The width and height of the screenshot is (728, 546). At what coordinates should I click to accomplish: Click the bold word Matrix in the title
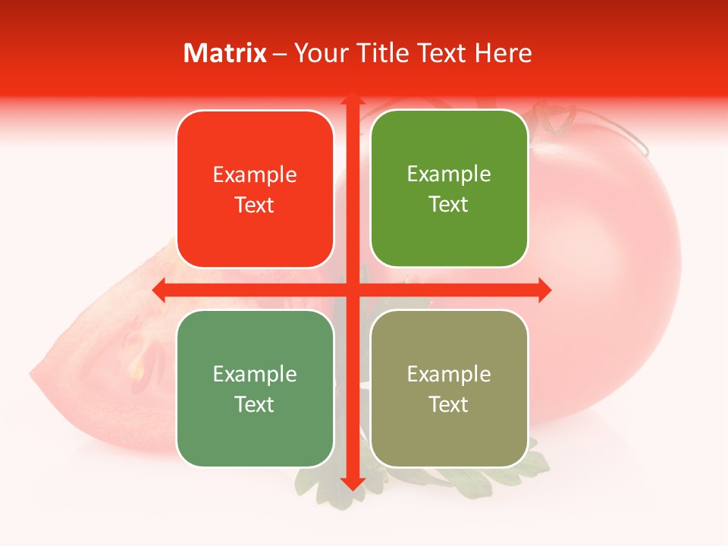tap(225, 53)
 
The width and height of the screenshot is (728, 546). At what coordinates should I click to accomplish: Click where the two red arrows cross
tap(352, 290)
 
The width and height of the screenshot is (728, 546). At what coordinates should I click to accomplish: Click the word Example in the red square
tap(255, 175)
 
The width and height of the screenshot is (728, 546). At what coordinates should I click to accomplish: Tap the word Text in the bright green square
tap(449, 205)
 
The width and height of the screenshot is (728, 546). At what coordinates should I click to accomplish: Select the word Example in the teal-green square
tap(255, 374)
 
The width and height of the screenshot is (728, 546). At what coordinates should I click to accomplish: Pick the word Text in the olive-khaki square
tap(449, 404)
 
